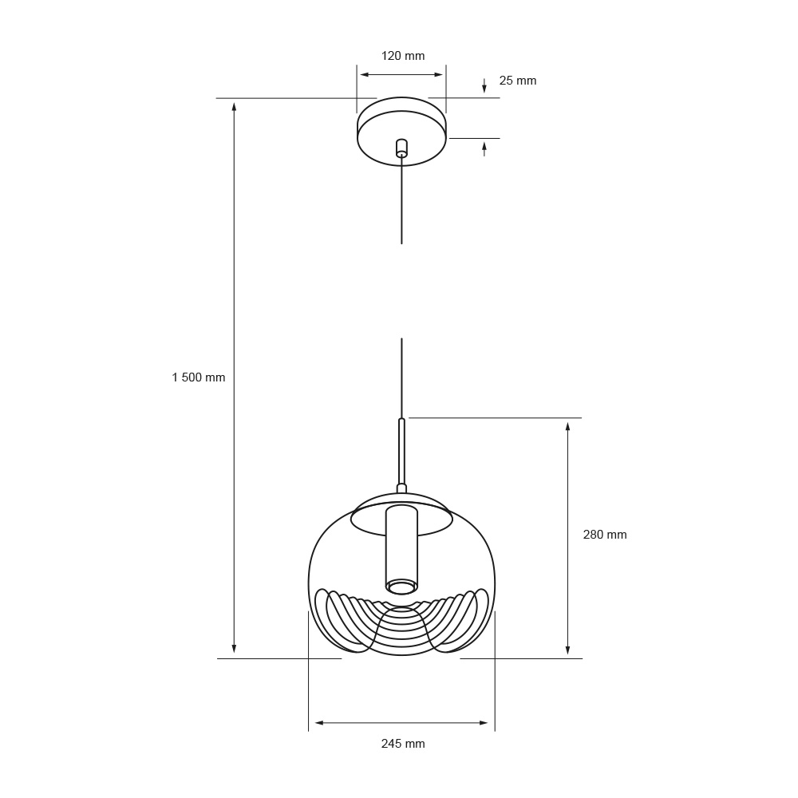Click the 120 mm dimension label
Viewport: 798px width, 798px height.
pyautogui.click(x=403, y=56)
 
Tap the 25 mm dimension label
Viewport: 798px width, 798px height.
pyautogui.click(x=518, y=81)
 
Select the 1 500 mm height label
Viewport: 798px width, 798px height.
pyautogui.click(x=199, y=377)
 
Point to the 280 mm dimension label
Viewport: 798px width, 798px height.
pyautogui.click(x=605, y=535)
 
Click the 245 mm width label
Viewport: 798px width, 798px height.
pyautogui.click(x=403, y=744)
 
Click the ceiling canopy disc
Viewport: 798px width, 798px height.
pyautogui.click(x=402, y=132)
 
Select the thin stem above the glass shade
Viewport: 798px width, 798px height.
pyautogui.click(x=402, y=451)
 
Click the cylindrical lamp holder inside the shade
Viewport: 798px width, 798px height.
pyautogui.click(x=401, y=550)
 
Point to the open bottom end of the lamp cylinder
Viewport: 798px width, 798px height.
pyautogui.click(x=401, y=587)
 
